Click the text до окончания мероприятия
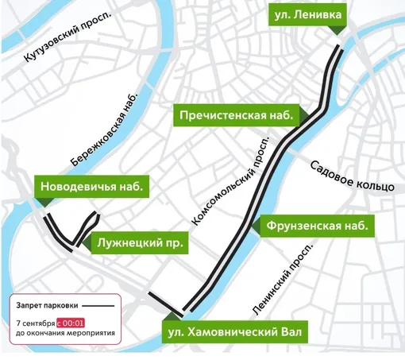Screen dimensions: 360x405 [64, 334]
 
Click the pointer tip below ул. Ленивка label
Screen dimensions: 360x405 [338, 30]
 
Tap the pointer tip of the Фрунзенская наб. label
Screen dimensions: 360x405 [255, 228]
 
